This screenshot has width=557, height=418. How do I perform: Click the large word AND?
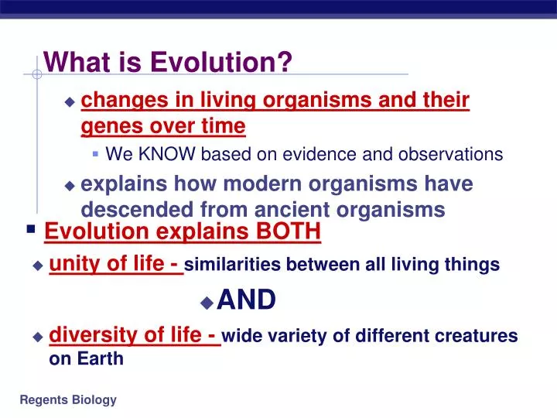[246, 300]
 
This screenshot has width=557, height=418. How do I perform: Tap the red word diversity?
[87, 334]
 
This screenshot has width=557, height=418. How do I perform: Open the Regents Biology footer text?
[68, 399]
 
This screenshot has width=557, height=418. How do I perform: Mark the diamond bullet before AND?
[207, 302]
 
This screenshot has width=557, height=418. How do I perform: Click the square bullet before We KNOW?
[95, 154]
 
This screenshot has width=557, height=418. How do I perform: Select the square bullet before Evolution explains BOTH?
[30, 229]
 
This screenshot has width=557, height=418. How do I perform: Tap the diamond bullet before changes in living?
[70, 101]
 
